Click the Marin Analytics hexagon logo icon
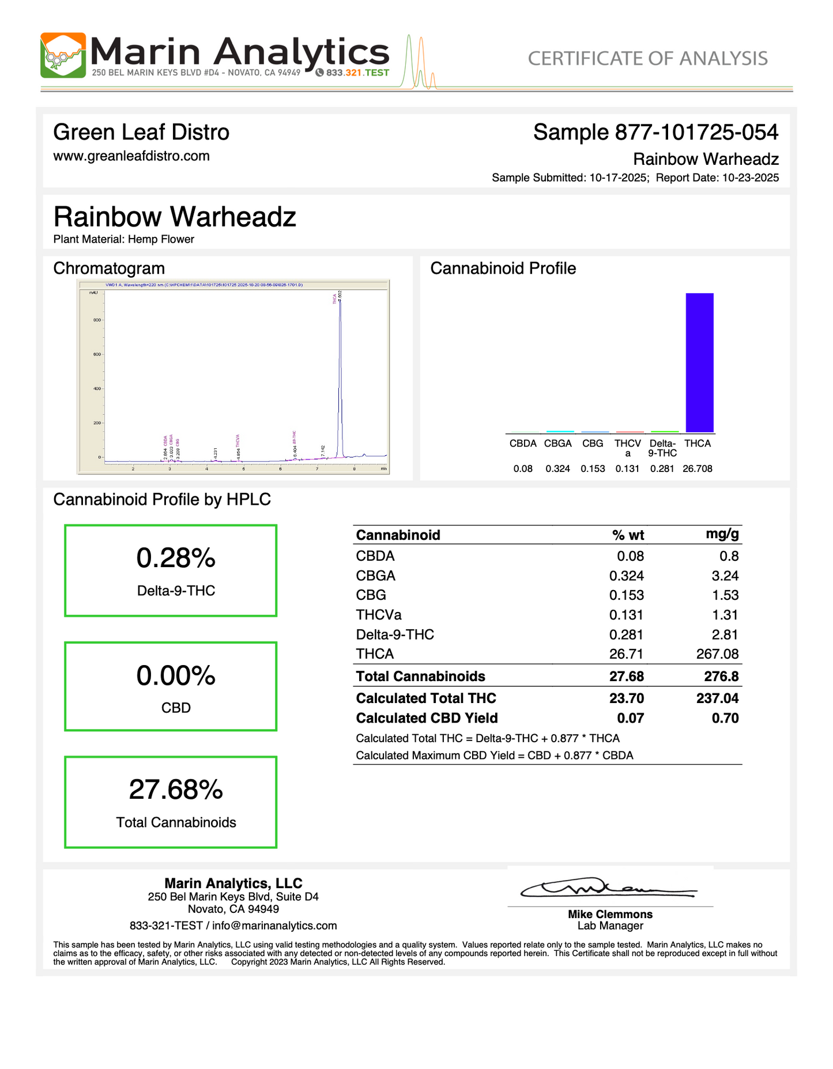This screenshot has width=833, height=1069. [x=63, y=55]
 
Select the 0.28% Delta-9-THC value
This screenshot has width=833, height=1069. [x=176, y=558]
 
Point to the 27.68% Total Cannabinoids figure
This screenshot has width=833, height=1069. [x=176, y=790]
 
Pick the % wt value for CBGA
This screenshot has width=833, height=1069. [x=627, y=576]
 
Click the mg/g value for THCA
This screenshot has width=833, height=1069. [x=717, y=654]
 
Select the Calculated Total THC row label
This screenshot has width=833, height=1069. [x=426, y=698]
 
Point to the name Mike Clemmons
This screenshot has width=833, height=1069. [x=610, y=914]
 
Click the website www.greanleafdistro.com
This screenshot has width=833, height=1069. [x=131, y=156]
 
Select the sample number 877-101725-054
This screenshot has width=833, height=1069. [x=696, y=133]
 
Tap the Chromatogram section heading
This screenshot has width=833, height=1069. [x=109, y=268]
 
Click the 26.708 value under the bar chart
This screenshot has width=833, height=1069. [x=697, y=469]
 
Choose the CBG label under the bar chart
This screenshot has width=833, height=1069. [x=593, y=443]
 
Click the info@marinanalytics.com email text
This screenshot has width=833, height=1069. [x=274, y=926]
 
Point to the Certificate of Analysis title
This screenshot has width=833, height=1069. [x=647, y=58]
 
